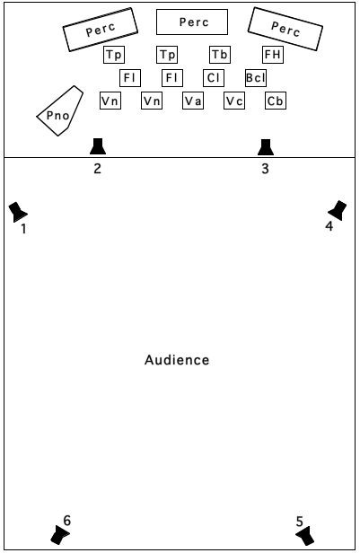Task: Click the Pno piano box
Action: [60, 110]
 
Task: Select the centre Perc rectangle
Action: [192, 22]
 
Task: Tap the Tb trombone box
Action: [220, 55]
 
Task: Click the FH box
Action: [273, 55]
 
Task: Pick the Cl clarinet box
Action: [214, 77]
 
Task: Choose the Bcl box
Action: [256, 77]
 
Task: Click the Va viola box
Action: [193, 101]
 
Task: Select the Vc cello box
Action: [234, 101]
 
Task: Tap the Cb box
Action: [276, 101]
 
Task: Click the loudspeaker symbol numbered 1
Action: [17, 212]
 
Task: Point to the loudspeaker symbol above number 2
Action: [98, 146]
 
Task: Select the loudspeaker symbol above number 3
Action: [266, 147]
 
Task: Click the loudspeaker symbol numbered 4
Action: [338, 210]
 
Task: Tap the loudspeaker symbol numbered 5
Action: [305, 535]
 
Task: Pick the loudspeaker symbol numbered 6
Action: [60, 535]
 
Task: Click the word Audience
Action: [177, 360]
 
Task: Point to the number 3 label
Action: [265, 169]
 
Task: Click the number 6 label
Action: [67, 520]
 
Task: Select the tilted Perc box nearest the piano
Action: [101, 30]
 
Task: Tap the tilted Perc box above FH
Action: [285, 29]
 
